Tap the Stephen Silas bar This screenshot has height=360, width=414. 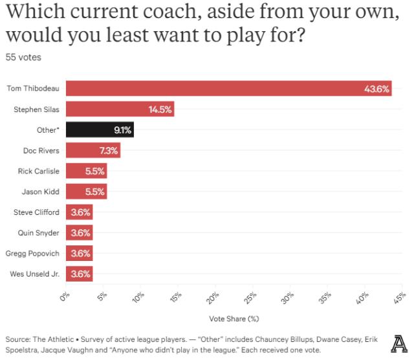tap(120, 109)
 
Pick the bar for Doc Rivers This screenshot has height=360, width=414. tap(93, 151)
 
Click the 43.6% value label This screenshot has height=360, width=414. tap(376, 89)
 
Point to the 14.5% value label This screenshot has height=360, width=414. tap(160, 109)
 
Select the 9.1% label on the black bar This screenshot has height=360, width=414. tap(122, 130)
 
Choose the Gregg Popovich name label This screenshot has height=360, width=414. tap(33, 253)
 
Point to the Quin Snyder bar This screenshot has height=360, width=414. tap(79, 232)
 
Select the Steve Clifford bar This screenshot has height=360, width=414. tap(79, 212)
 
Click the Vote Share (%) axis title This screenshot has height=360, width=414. tap(234, 319)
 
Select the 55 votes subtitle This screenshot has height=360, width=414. tap(23, 58)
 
